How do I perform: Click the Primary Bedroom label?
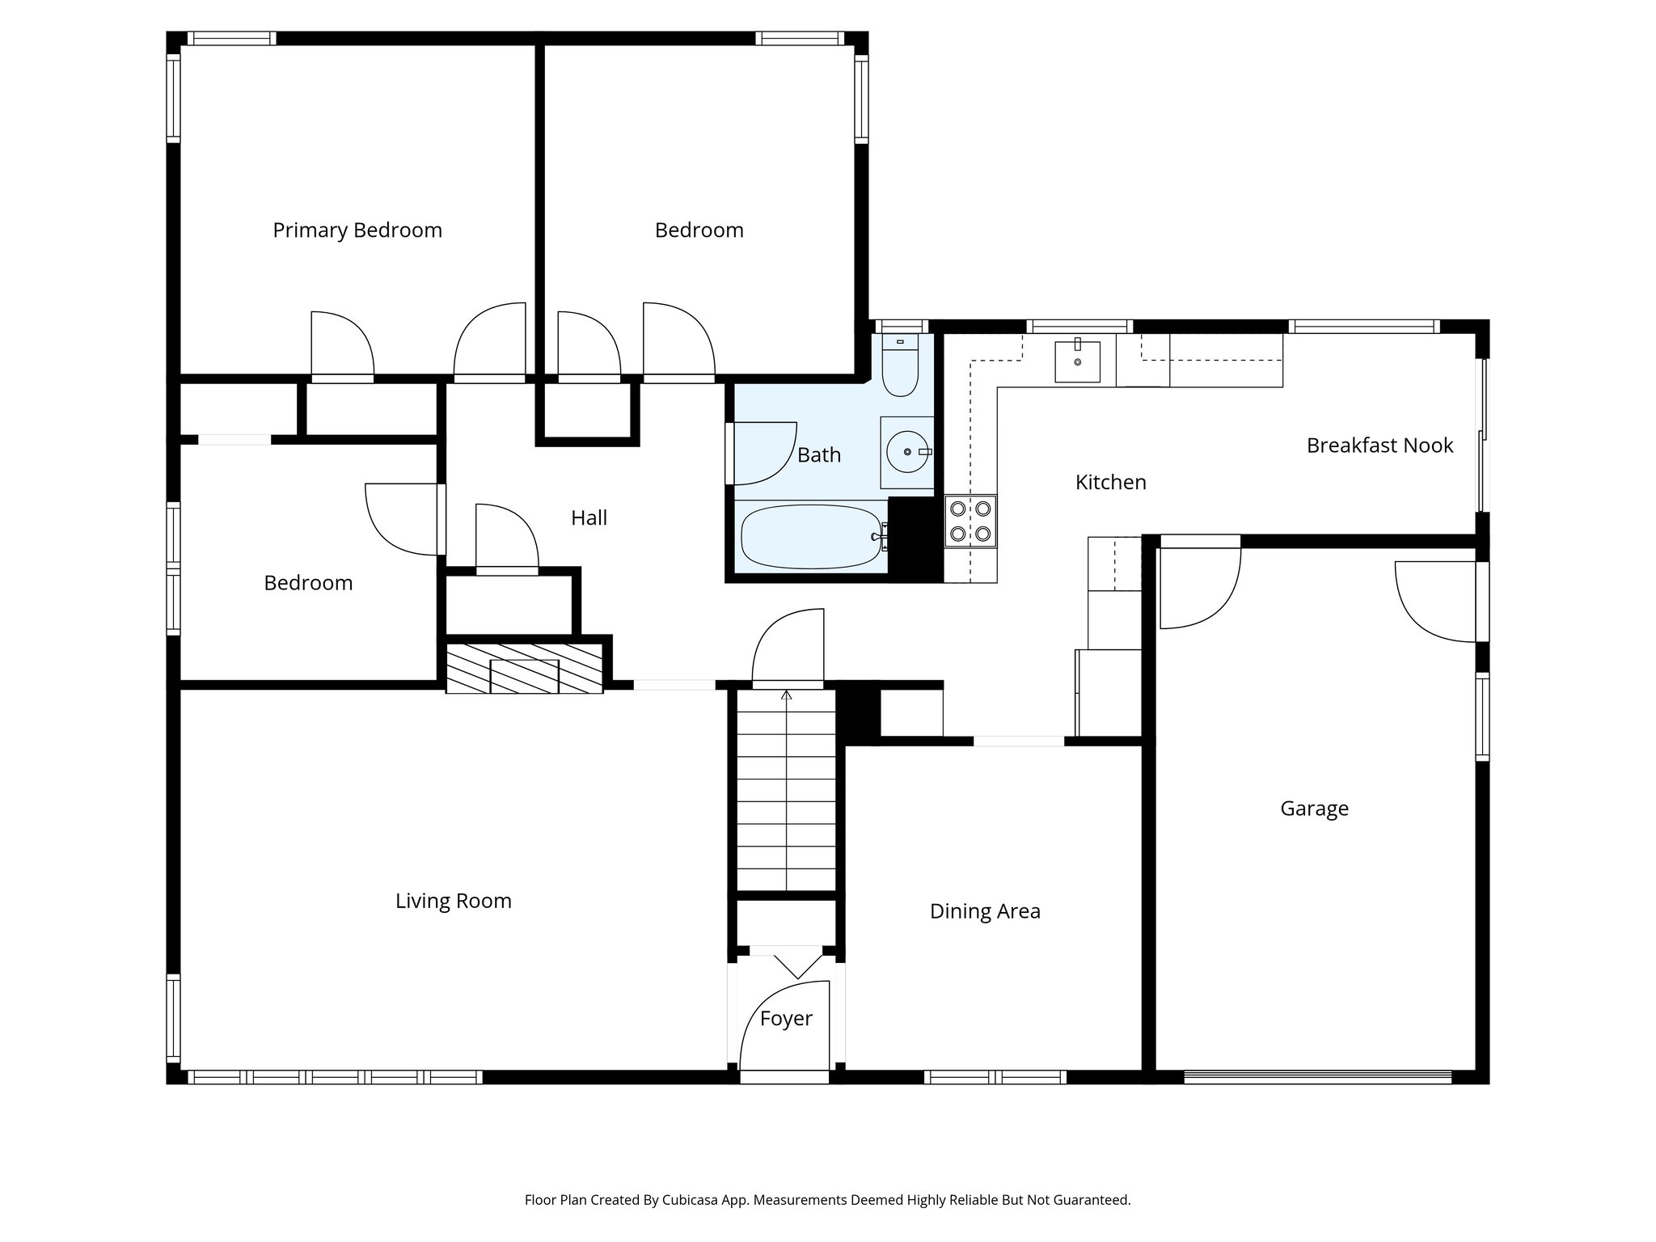(357, 230)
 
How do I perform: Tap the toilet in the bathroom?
(899, 368)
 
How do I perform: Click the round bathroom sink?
(907, 452)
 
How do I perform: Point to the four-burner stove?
(970, 522)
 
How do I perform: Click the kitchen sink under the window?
(1077, 361)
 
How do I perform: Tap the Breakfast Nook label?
(1379, 446)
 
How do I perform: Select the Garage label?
(1314, 809)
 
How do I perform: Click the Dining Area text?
(985, 911)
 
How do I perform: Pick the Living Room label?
(453, 901)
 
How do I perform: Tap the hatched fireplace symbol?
(524, 669)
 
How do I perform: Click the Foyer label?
(786, 1019)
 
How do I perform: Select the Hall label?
(589, 518)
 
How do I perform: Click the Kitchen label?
(1110, 483)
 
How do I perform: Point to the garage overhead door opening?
(1317, 1076)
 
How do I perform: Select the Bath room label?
(819, 455)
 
